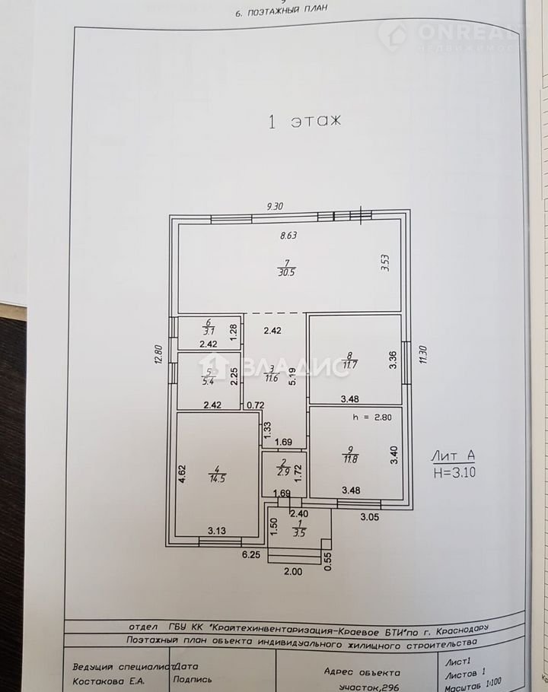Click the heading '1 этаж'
(304, 121)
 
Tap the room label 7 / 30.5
(287, 268)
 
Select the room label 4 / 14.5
(217, 474)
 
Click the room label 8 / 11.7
(350, 360)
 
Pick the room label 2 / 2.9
(283, 468)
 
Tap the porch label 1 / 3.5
(299, 528)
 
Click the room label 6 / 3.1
(209, 326)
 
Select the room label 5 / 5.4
(208, 376)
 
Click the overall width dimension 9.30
(275, 206)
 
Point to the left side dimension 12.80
(159, 354)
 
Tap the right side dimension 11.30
(423, 354)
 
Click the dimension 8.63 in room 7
(288, 235)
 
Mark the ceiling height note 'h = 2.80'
(372, 417)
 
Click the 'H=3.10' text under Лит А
(454, 473)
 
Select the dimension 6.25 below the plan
(251, 555)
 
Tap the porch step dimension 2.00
(293, 572)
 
